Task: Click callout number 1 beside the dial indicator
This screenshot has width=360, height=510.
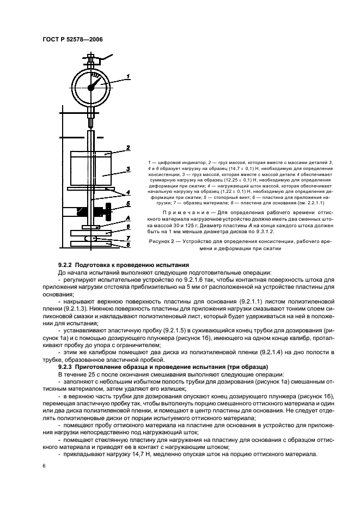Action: click(129, 76)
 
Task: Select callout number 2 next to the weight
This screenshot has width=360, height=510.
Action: click(127, 147)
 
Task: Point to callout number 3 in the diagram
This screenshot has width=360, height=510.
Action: click(127, 169)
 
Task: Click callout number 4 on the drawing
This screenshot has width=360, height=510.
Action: click(127, 192)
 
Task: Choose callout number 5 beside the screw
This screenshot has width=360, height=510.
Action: click(127, 204)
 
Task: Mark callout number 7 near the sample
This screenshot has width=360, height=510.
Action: click(127, 239)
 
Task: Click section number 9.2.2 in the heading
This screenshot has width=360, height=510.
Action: click(67, 264)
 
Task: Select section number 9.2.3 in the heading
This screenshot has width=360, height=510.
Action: click(67, 367)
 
